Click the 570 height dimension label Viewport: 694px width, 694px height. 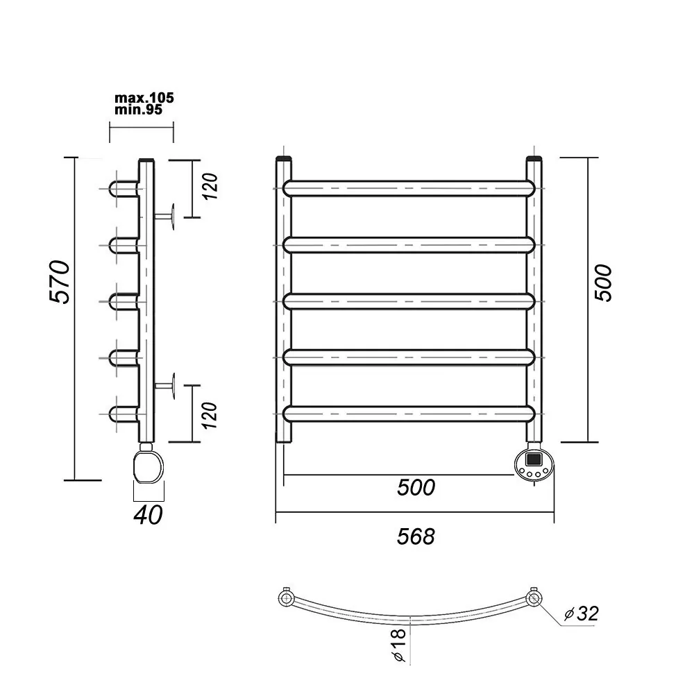(60, 282)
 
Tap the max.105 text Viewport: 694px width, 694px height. (144, 98)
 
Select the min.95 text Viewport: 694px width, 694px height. (139, 110)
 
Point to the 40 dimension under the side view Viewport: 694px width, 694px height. (149, 514)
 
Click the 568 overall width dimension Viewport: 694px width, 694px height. (416, 536)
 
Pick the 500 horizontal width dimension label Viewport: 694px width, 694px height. (416, 487)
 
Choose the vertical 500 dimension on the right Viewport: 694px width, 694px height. (603, 283)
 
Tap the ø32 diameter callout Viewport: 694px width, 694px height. (582, 613)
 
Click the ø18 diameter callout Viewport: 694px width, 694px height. (399, 645)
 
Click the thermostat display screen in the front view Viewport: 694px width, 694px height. (533, 459)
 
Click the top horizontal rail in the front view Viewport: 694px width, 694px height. (409, 188)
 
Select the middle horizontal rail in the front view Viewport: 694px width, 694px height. (409, 301)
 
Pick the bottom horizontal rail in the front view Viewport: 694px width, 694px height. (409, 414)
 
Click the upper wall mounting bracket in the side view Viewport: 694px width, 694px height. (164, 217)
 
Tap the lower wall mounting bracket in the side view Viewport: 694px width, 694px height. (164, 386)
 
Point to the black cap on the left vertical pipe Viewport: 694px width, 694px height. (284, 158)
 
